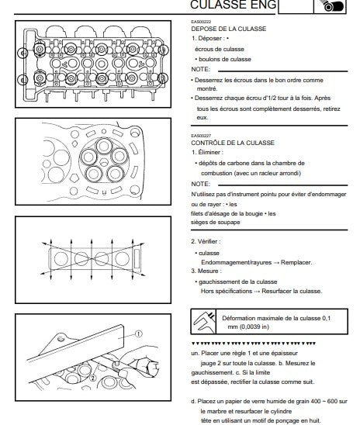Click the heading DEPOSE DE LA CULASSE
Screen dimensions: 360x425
(229, 29)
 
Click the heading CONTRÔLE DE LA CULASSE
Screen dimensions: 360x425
(233, 143)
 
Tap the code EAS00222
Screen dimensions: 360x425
(201, 22)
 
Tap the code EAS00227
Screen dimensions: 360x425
(201, 136)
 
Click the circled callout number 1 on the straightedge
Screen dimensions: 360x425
(138, 333)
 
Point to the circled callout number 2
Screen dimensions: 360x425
(93, 378)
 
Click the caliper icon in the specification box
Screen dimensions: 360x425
(204, 321)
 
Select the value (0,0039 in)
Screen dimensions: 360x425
(254, 327)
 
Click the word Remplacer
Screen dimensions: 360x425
(296, 262)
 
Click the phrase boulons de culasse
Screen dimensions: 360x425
(225, 59)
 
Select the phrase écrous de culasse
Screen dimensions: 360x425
(220, 49)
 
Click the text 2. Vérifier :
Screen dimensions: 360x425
(206, 241)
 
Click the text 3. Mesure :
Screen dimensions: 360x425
(206, 271)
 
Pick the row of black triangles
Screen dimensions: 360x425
(254, 344)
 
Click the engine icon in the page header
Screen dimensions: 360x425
(331, 6)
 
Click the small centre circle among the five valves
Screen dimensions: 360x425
(104, 162)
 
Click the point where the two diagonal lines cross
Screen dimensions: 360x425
(92, 259)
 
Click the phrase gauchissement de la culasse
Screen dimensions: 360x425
(237, 282)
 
